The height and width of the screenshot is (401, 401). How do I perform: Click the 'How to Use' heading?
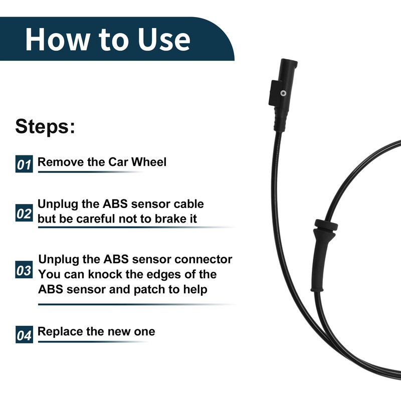(x=107, y=39)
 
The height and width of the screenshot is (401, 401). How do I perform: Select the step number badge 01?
(x=24, y=164)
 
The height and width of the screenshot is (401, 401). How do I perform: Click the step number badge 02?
(x=24, y=214)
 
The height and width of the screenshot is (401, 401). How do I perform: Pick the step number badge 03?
(x=24, y=271)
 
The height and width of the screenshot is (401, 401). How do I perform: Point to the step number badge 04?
(x=24, y=335)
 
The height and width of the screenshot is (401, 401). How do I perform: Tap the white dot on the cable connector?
(x=284, y=93)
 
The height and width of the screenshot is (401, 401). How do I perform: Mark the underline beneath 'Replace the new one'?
(x=93, y=342)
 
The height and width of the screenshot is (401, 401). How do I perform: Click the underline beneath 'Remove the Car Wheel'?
(x=90, y=172)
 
